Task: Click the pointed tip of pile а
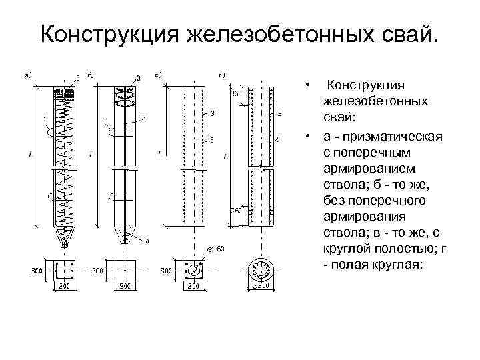coord(65,244)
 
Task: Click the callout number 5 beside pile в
coord(211,141)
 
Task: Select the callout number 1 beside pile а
coord(45,120)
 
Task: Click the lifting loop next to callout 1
coord(51,132)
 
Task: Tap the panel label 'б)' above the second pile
coord(91,74)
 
